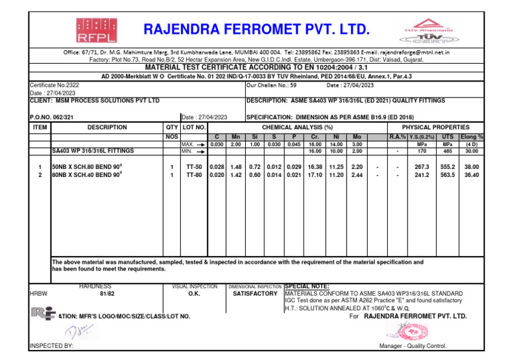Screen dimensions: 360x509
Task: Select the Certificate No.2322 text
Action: click(x=54, y=86)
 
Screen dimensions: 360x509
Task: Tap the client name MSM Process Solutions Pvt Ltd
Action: click(x=95, y=100)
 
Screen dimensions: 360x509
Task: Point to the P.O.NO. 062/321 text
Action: click(x=51, y=117)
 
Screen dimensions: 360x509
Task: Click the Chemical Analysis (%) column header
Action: click(x=298, y=127)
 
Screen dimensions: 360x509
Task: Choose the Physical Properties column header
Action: click(x=435, y=127)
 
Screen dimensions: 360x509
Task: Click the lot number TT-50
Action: click(x=194, y=167)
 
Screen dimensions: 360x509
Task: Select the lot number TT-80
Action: click(x=194, y=175)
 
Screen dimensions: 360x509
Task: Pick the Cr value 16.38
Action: click(x=315, y=167)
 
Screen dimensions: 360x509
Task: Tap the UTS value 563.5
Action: click(x=448, y=175)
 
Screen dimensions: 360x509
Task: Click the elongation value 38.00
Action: click(x=472, y=167)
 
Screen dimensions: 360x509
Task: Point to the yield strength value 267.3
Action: click(x=422, y=167)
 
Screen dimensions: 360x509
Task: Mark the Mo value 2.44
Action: click(x=357, y=175)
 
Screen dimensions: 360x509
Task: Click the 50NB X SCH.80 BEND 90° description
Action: click(x=87, y=167)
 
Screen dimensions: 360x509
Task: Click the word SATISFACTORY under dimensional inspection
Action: click(x=255, y=292)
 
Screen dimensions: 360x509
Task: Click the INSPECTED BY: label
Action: click(x=52, y=346)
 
